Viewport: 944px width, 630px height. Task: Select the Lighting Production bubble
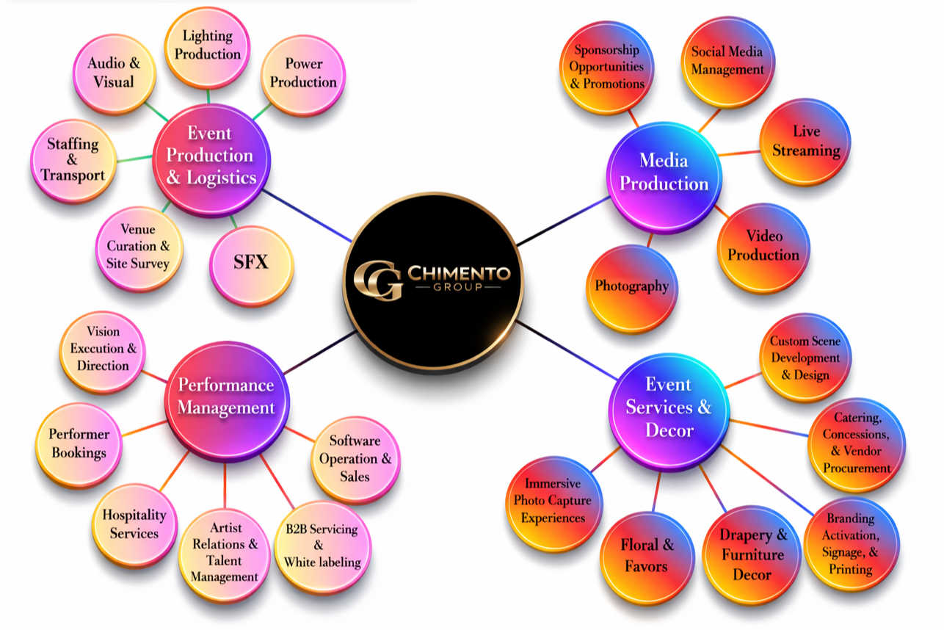(x=207, y=46)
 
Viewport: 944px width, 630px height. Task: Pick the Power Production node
(x=302, y=73)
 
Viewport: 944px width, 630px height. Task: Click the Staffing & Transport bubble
(x=73, y=159)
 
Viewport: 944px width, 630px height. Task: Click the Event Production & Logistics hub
(x=211, y=156)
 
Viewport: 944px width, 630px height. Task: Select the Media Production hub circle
(x=664, y=172)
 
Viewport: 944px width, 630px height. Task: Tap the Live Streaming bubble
(x=805, y=142)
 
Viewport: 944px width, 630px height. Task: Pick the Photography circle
(x=631, y=286)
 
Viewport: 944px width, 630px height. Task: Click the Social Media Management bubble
(x=727, y=61)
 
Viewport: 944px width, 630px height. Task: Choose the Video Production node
(x=763, y=246)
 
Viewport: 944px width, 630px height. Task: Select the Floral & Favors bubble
(x=647, y=556)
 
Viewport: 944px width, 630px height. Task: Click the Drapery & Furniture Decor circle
(x=752, y=554)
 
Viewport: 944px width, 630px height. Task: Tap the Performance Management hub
(x=226, y=397)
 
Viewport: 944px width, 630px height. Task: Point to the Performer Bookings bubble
(x=79, y=443)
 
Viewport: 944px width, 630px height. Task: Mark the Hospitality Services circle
(x=134, y=524)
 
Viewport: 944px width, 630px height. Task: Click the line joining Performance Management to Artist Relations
(x=225, y=485)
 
